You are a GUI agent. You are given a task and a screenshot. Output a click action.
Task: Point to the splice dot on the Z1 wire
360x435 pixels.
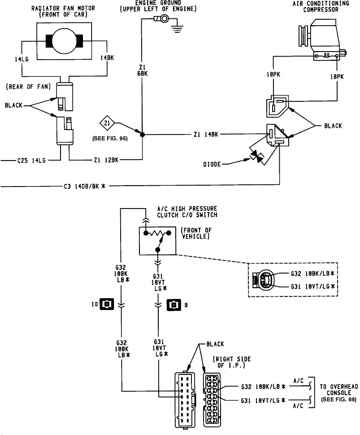tap(142, 134)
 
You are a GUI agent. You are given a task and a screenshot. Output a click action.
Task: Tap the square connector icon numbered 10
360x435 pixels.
tap(106, 305)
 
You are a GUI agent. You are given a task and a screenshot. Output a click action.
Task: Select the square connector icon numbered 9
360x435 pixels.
tap(172, 305)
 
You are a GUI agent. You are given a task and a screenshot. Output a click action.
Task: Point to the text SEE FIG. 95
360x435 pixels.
tap(109, 138)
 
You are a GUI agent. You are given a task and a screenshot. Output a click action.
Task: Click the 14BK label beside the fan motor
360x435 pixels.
tap(107, 58)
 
